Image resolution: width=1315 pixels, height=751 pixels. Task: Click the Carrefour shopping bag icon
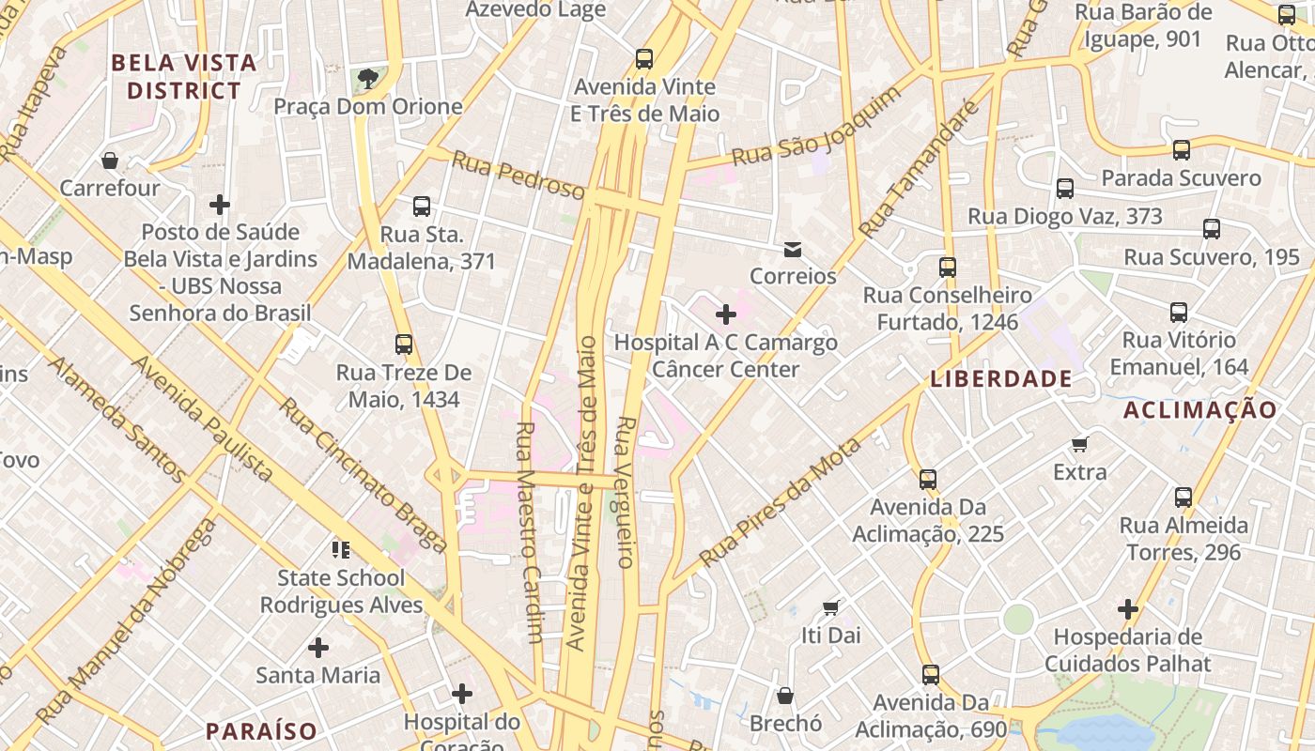tap(110, 161)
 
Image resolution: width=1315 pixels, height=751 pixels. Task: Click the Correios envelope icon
tap(793, 249)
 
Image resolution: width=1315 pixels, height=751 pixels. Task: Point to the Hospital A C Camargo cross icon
tap(726, 314)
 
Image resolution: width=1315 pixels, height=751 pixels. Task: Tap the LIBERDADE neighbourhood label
tap(1000, 379)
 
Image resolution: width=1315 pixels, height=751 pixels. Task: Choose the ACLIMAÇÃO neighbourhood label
tap(1200, 409)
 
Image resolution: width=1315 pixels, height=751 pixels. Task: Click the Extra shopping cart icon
tap(1080, 444)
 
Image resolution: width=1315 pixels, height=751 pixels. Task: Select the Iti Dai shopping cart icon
tap(830, 607)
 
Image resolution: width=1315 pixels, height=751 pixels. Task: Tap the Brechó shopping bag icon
tap(785, 696)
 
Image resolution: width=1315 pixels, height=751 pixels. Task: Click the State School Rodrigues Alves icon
tap(340, 549)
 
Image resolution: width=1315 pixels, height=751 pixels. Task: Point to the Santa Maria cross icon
tap(318, 647)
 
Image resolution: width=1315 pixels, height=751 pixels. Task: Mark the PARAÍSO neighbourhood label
tap(261, 730)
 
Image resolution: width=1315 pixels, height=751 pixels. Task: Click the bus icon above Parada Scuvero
tap(1182, 150)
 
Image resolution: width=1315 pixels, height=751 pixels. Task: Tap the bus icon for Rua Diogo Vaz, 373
tap(1065, 189)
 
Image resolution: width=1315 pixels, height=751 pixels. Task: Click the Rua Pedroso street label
tap(518, 174)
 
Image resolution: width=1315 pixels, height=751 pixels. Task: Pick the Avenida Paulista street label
tap(202, 419)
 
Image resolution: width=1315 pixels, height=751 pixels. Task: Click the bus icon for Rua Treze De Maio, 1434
tap(404, 345)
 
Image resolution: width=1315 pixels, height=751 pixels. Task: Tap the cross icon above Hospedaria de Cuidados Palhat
tap(1128, 609)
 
